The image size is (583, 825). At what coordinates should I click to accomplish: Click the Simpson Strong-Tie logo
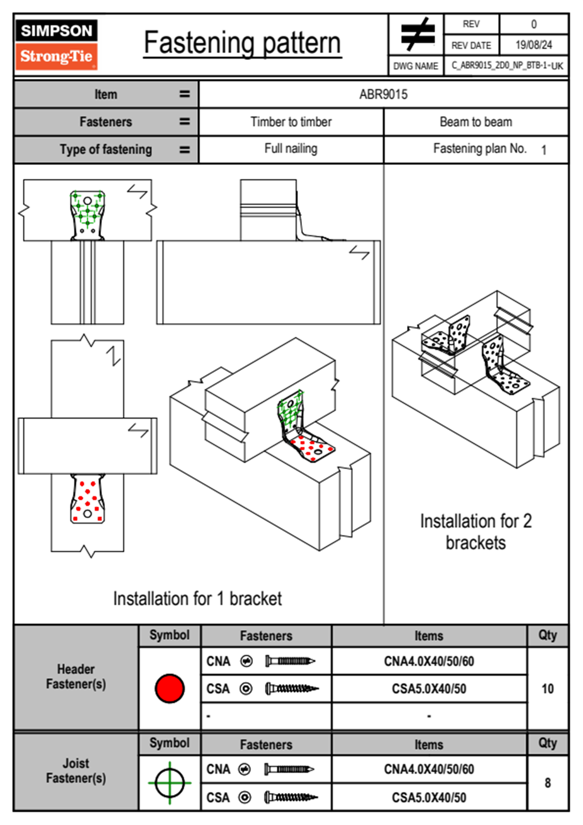coord(56,45)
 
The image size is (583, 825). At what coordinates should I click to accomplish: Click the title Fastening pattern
coord(243,43)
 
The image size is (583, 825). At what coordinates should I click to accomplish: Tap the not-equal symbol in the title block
coord(417,35)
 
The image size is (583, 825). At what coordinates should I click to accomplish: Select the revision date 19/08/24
coord(534,45)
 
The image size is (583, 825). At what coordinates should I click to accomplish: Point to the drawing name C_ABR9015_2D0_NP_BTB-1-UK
coord(507,66)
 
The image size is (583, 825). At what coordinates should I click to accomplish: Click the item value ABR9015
coord(383,94)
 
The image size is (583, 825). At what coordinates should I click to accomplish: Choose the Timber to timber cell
coord(291,122)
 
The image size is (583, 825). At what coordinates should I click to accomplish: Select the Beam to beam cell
coord(476,122)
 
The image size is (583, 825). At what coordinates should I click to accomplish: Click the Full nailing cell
coord(291,149)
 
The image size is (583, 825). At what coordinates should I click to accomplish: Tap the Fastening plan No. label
coord(480,149)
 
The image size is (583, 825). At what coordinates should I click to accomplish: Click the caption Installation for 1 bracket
coord(197,598)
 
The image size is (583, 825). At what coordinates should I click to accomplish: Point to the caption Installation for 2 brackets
coord(476,532)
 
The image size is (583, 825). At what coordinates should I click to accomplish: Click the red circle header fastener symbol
coord(170,688)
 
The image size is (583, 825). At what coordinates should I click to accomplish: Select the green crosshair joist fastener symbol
coord(170,783)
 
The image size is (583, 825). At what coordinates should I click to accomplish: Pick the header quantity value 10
coord(547,689)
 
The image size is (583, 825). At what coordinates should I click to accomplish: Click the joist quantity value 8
coord(547,783)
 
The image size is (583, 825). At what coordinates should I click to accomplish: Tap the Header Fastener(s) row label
coord(76,676)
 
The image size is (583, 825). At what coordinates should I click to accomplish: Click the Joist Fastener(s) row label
coord(76,771)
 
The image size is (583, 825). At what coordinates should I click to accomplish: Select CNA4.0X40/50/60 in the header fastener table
coord(429,661)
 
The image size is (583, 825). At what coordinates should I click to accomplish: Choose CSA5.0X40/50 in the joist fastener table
coord(429,798)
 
